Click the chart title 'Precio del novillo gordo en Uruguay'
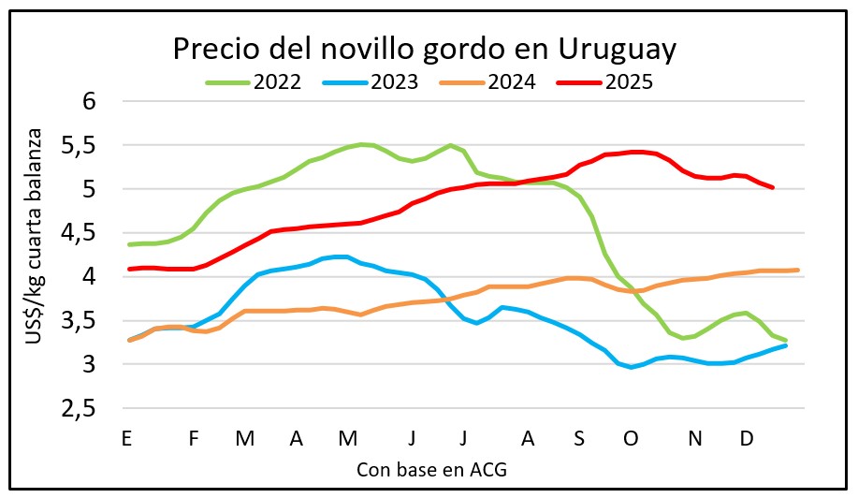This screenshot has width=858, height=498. (424, 49)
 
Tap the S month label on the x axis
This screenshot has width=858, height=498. (579, 438)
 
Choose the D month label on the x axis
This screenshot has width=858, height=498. (747, 438)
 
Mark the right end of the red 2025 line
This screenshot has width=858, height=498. (772, 187)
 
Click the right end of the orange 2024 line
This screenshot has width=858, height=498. (797, 270)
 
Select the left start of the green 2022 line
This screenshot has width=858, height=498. (129, 244)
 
